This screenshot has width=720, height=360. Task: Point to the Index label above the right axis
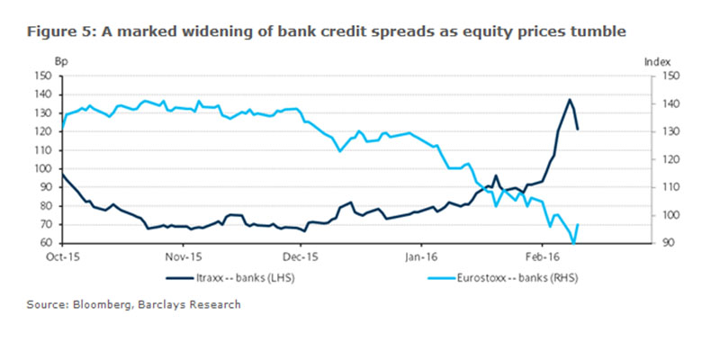coord(659,61)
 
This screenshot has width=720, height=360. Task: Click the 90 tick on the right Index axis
coord(662,243)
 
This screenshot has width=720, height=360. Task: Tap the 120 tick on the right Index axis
coord(665,159)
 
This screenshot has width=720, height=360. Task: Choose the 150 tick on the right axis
coord(665,76)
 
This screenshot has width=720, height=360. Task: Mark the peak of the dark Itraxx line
coord(570,99)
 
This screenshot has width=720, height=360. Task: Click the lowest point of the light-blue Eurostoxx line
coord(573,242)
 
